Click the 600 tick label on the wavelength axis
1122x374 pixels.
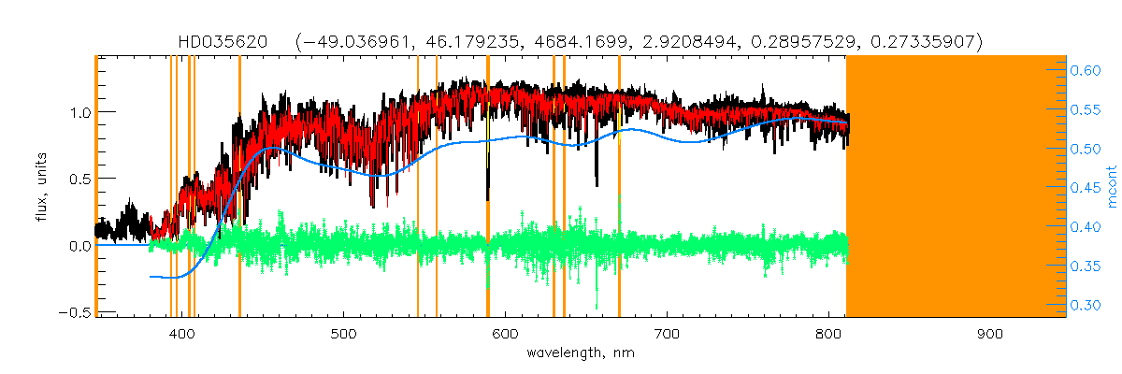(505, 334)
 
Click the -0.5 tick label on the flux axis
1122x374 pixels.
(76, 312)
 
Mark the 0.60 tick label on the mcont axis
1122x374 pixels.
(1086, 70)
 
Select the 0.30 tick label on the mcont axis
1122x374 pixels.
(1086, 304)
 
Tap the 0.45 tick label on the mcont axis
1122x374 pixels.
(1086, 187)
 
